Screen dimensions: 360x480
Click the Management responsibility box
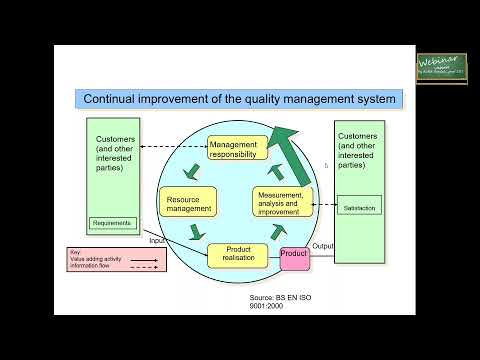click(238, 150)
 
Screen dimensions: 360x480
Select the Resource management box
click(188, 202)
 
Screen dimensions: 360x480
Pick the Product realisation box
click(239, 256)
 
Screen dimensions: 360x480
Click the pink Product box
click(294, 255)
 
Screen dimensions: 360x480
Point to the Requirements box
click(111, 222)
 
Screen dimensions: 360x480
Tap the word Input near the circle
click(158, 240)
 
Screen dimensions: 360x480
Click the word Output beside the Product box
click(323, 246)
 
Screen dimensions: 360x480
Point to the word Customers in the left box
click(116, 139)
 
